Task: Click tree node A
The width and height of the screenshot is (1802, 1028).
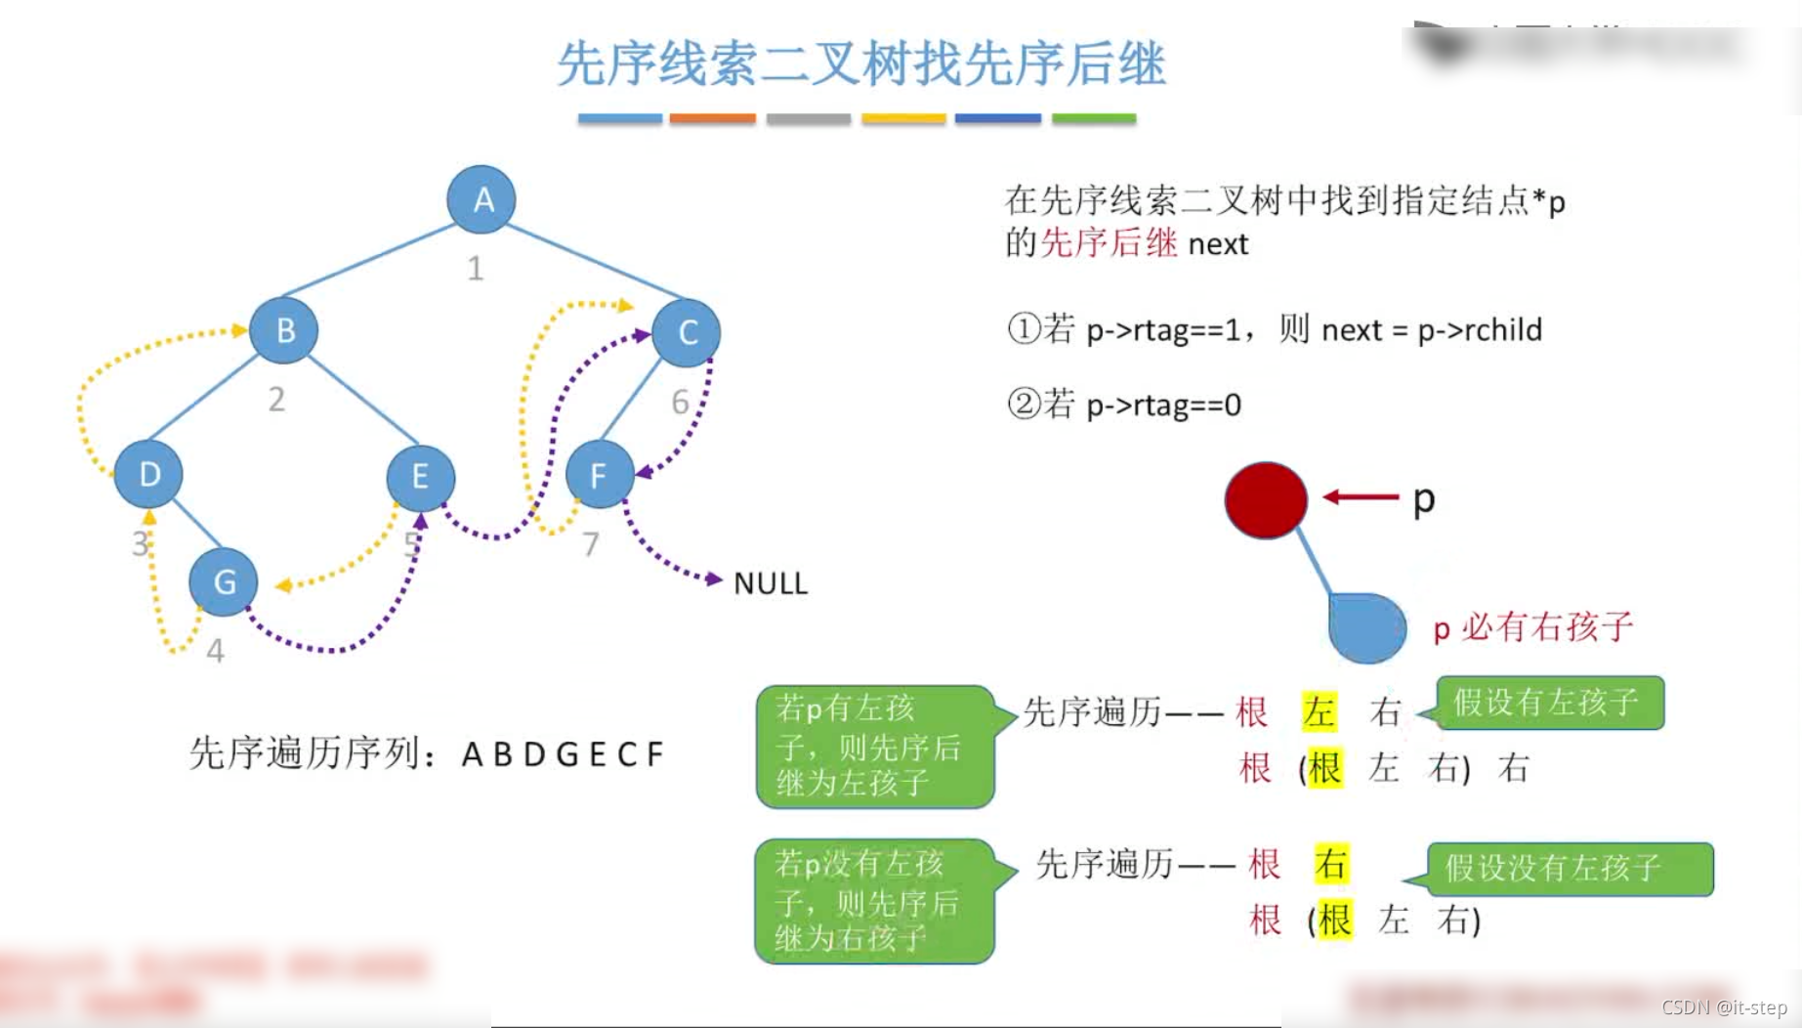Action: (x=481, y=199)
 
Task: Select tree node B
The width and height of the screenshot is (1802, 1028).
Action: (x=284, y=330)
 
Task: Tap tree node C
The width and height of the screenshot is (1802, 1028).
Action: (x=687, y=332)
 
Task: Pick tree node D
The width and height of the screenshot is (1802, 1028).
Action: (x=148, y=475)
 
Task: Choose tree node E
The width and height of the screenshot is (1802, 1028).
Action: (x=420, y=477)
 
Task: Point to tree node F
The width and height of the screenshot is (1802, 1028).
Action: (x=599, y=475)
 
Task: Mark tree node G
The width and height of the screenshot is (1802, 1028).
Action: (x=224, y=582)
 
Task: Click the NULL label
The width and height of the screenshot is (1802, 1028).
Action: (x=771, y=583)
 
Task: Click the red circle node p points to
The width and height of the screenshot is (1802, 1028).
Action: (x=1266, y=500)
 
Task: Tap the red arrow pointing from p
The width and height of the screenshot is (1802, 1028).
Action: (x=1361, y=497)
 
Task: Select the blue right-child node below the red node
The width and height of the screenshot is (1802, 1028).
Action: (x=1367, y=627)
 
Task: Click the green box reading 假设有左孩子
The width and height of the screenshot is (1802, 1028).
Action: (x=1549, y=703)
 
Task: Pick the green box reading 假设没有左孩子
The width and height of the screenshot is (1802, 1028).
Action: (x=1569, y=868)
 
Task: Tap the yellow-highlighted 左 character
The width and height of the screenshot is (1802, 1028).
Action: (x=1319, y=711)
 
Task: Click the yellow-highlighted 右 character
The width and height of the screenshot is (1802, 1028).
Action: (x=1331, y=864)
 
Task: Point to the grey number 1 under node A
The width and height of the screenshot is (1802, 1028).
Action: (x=475, y=268)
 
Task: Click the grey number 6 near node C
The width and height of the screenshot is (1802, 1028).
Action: (x=680, y=401)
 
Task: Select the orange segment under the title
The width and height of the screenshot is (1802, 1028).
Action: (x=712, y=118)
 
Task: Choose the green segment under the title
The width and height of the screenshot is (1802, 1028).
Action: (x=1093, y=118)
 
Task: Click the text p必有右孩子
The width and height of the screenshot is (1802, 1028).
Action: (x=1532, y=627)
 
